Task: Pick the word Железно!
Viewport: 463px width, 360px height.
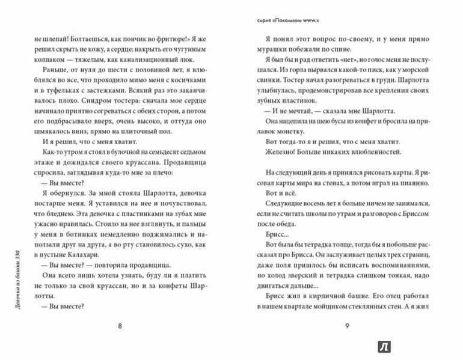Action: [265, 152]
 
